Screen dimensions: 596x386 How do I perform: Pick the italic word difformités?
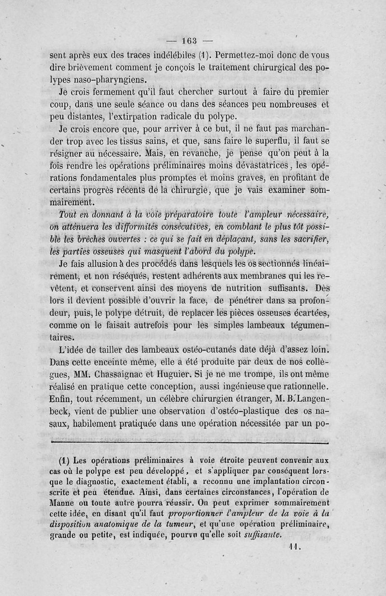point(125,227)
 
